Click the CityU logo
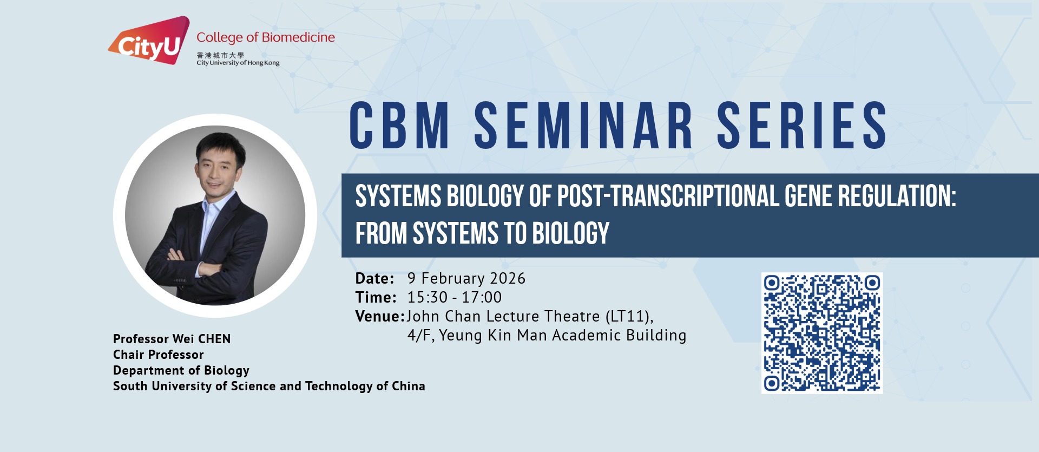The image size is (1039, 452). coord(149,41)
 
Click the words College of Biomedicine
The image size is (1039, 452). coord(266,37)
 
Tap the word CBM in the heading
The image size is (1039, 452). coord(399,126)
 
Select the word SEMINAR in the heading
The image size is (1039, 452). coord(583,126)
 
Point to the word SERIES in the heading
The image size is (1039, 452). coord(802,126)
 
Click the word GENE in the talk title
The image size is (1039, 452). coord(808,196)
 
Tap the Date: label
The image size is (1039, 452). coord(374,278)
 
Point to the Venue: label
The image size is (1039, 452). coord(380,316)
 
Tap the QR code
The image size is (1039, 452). coord(822,333)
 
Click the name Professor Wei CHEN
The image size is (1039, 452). coord(172,339)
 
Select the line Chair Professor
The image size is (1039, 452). coord(158,355)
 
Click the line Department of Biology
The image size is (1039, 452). coord(181,371)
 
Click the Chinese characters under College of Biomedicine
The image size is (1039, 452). coord(220,55)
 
